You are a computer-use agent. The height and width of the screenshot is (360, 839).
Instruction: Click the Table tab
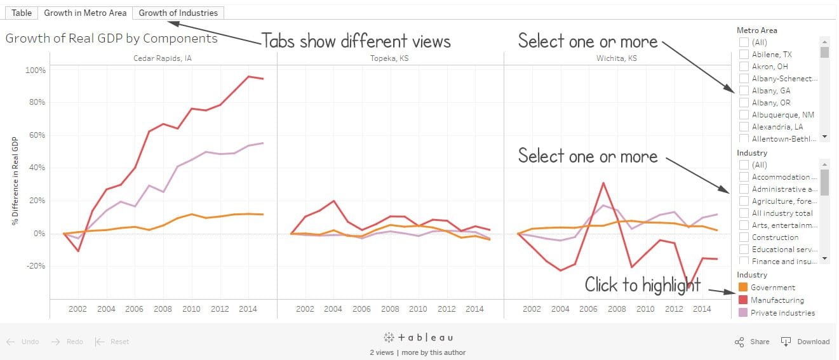coord(22,13)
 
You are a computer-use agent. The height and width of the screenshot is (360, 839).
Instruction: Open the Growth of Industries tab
coord(178,13)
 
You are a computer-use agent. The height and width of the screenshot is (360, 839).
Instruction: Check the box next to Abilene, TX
coord(744,55)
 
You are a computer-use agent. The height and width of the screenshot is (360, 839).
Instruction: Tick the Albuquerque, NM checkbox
coord(744,115)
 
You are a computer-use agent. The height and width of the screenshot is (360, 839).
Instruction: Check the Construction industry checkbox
coord(744,237)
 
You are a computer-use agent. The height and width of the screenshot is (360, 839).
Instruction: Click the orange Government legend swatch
coord(742,288)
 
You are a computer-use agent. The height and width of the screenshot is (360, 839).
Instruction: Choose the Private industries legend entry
coord(782,313)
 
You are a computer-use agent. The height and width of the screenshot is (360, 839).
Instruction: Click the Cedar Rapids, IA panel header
coord(163,58)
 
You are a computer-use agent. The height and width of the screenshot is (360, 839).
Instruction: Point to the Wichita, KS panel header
coord(616,58)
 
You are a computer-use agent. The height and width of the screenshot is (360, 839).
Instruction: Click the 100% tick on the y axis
coord(36,70)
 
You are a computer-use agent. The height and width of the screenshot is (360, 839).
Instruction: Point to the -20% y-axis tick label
coord(36,266)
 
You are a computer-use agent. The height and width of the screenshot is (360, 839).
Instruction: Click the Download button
coord(806,342)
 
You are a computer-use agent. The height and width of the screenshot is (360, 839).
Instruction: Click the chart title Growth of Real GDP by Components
coord(111,39)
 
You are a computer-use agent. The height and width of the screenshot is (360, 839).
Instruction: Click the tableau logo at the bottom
coord(419,338)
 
